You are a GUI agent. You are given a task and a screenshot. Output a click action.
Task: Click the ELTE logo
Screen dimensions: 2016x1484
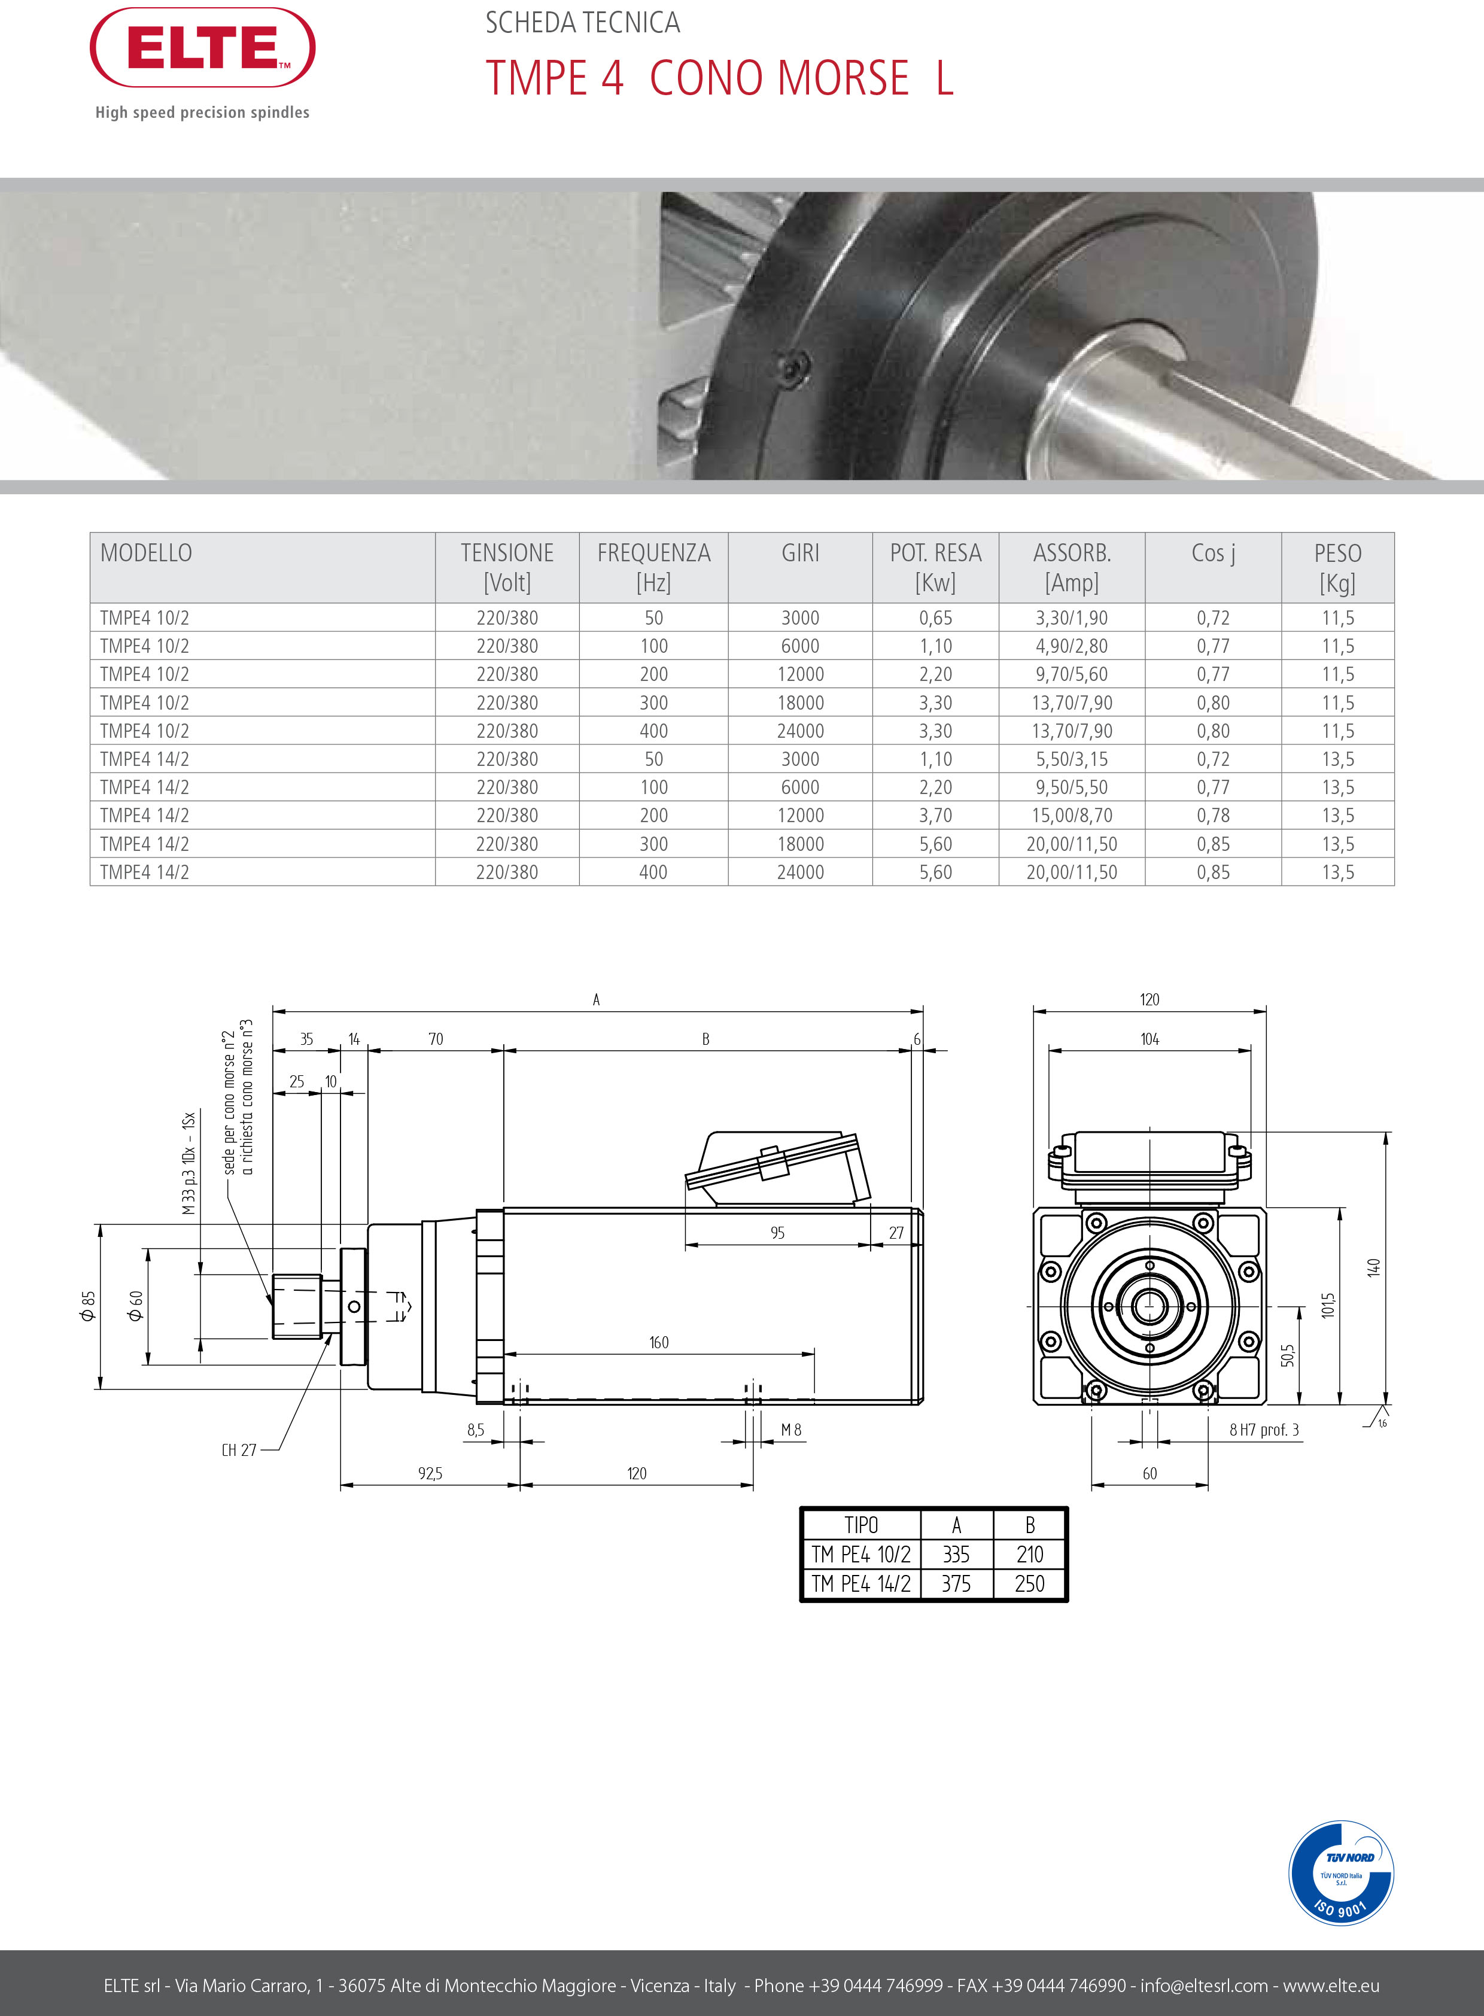point(202,48)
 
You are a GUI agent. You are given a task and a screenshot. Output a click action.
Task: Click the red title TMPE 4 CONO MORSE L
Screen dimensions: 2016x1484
point(719,78)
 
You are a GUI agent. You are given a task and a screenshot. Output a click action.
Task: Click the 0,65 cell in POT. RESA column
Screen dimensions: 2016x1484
point(935,618)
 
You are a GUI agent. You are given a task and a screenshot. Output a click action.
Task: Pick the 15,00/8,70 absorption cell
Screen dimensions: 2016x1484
point(1072,816)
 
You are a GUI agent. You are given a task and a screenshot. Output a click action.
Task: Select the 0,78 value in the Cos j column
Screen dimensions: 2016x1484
point(1213,816)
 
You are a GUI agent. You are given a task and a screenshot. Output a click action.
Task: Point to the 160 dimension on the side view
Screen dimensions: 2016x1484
point(658,1342)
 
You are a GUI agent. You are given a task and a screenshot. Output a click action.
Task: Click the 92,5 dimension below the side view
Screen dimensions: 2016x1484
point(430,1473)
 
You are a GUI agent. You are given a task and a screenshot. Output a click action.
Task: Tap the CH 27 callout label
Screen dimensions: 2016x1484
point(239,1450)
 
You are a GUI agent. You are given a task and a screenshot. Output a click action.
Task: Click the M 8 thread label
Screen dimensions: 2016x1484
point(790,1430)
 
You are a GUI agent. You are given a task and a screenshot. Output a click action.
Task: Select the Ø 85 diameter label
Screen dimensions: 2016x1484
point(87,1305)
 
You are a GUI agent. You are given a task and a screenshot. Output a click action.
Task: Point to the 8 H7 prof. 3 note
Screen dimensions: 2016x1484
point(1263,1430)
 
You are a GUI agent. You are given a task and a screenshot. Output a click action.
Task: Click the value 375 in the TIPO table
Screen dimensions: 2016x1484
point(956,1584)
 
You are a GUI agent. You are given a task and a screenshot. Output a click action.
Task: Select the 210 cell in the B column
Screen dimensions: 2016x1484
point(1029,1554)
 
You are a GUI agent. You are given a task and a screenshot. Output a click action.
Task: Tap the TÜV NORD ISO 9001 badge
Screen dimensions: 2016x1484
point(1340,1873)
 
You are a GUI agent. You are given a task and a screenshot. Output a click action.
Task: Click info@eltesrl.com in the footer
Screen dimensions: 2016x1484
point(1204,1985)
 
